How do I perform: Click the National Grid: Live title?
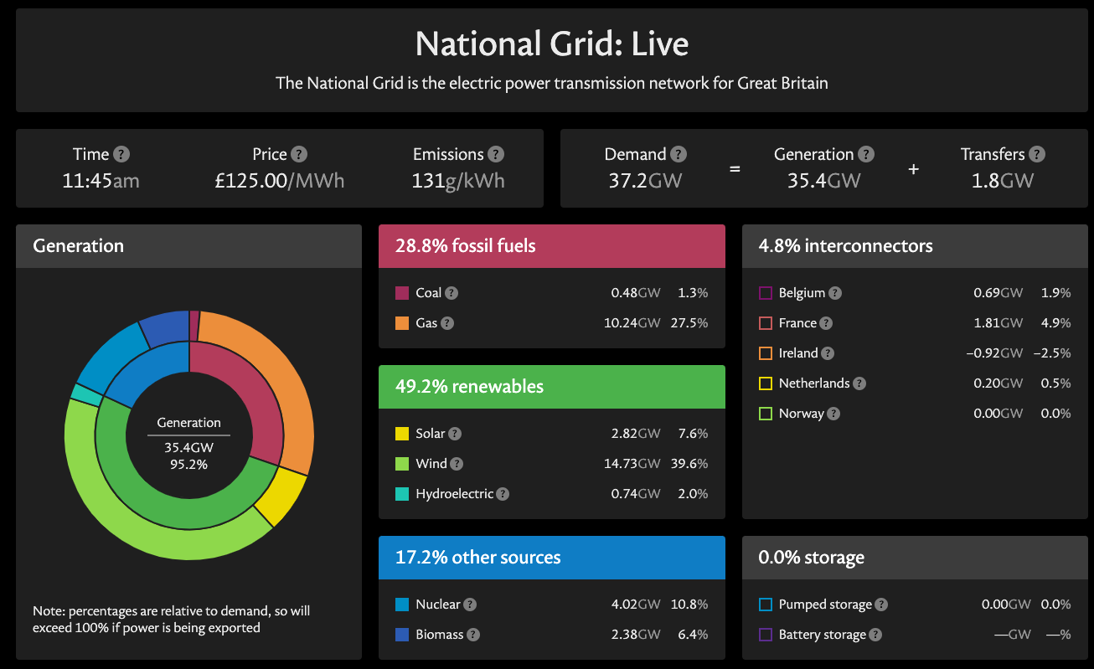[552, 44]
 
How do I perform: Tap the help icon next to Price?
[299, 154]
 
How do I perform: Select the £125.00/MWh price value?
[279, 180]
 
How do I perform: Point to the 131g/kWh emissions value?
[458, 180]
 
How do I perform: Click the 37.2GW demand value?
[645, 180]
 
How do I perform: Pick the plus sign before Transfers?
[913, 168]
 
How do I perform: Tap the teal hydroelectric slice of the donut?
[81, 393]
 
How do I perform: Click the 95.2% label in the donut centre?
[189, 464]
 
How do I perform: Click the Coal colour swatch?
[401, 293]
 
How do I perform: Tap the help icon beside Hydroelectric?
[503, 494]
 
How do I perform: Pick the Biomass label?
[440, 635]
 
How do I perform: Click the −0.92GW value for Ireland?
[994, 353]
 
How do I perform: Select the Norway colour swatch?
[765, 414]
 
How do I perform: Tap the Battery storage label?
[823, 635]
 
